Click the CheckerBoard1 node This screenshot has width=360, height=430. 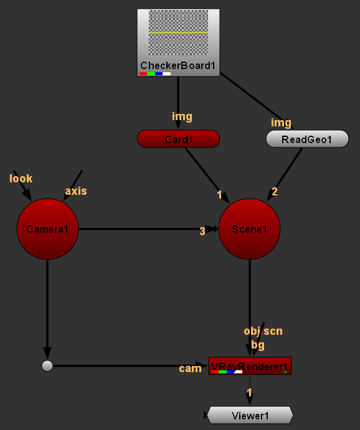coord(178,43)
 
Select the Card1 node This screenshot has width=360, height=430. coord(178,139)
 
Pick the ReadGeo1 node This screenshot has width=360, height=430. coord(307,139)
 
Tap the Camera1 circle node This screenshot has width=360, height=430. coord(47,229)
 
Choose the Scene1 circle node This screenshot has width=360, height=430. coord(249,229)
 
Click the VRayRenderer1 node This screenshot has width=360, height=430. coord(250,366)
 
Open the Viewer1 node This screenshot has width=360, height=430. coord(250,416)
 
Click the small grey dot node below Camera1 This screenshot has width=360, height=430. coord(47,366)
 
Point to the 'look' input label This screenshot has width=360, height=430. coord(21,179)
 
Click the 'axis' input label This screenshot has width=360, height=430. coord(76,191)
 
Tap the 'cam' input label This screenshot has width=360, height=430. coord(190,368)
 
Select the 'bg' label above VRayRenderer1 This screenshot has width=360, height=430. coord(258,345)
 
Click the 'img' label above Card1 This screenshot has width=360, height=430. coord(182,116)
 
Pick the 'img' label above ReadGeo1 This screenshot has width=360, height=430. coord(281,123)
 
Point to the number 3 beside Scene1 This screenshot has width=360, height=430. coord(202,231)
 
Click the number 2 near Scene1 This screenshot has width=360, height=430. coord(275,192)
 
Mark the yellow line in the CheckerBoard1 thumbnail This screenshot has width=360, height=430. coord(178,32)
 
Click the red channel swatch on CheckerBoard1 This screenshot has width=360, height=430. coord(143,74)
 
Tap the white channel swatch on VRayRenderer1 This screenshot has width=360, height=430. coord(238,372)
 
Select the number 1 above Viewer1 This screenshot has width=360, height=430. coord(249,393)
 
